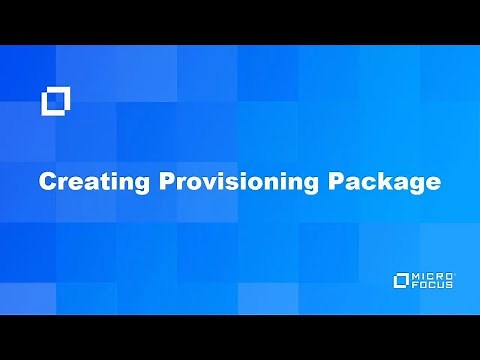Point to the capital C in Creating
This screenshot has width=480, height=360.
click(46, 183)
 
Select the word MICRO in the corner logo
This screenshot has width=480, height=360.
click(436, 274)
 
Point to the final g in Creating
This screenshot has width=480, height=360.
click(124, 185)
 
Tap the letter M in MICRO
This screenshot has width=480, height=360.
click(420, 274)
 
